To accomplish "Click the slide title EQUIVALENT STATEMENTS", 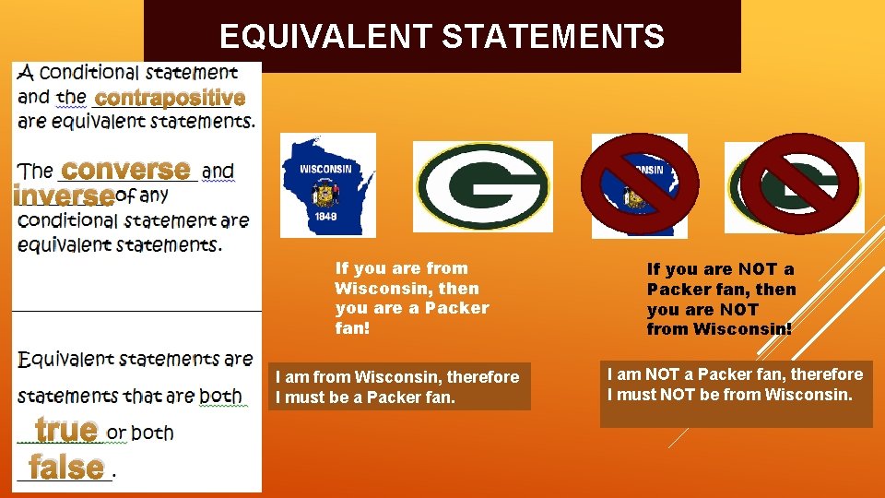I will pyautogui.click(x=442, y=37).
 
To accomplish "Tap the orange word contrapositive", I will pyautogui.click(x=171, y=98).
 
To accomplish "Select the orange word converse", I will pyautogui.click(x=125, y=170).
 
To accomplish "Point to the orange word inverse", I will pyautogui.click(x=63, y=196).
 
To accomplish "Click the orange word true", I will pyautogui.click(x=66, y=430).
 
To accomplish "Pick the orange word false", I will pyautogui.click(x=65, y=467).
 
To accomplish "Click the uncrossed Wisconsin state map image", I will pyautogui.click(x=327, y=184).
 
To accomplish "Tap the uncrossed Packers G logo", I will pyautogui.click(x=482, y=186).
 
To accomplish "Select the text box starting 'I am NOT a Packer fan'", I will pyautogui.click(x=735, y=394).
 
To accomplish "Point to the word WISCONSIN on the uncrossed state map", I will pyautogui.click(x=324, y=170).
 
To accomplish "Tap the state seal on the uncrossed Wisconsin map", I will pyautogui.click(x=324, y=195).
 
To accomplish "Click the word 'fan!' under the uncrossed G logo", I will pyautogui.click(x=352, y=328).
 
